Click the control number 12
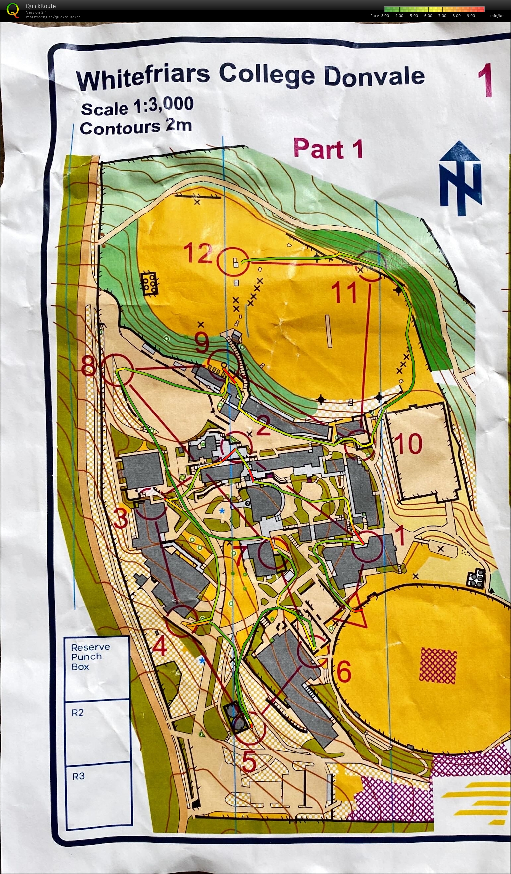click(x=198, y=253)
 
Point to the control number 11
click(x=344, y=292)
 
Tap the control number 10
click(x=408, y=444)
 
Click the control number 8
click(x=88, y=366)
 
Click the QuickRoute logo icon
click(x=13, y=10)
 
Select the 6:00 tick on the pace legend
click(x=428, y=16)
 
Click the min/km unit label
click(x=497, y=16)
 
